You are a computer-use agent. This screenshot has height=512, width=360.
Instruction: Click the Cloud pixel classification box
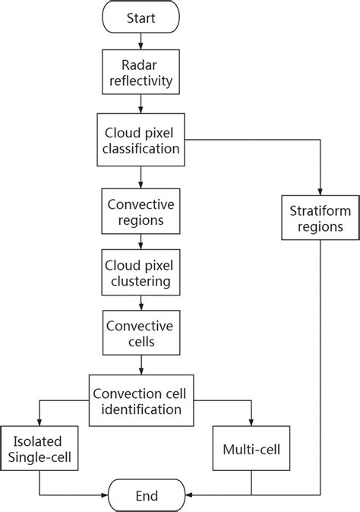click(141, 141)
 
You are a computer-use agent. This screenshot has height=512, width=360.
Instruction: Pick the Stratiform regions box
click(319, 216)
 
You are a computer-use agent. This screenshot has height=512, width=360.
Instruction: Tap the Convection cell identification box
click(141, 401)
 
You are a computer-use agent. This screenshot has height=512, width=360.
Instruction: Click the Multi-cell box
click(251, 450)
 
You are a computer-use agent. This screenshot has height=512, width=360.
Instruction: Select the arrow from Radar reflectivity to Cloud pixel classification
click(141, 106)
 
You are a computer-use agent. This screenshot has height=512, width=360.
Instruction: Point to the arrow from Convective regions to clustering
click(141, 244)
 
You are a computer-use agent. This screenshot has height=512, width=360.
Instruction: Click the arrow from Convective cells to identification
click(141, 365)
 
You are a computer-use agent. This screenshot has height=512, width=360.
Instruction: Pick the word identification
click(141, 410)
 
